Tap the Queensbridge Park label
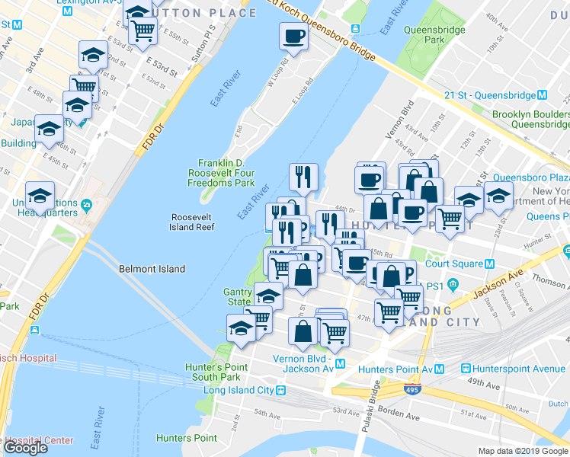click(x=424, y=34)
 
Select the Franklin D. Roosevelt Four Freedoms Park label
click(x=226, y=173)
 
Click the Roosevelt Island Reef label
click(x=192, y=221)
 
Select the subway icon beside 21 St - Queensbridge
click(x=543, y=95)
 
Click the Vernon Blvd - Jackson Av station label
click(x=305, y=363)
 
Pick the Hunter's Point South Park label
click(x=216, y=372)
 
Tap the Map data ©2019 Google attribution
click(x=523, y=451)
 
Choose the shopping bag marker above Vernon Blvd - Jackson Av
click(x=303, y=331)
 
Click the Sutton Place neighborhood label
click(x=213, y=13)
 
